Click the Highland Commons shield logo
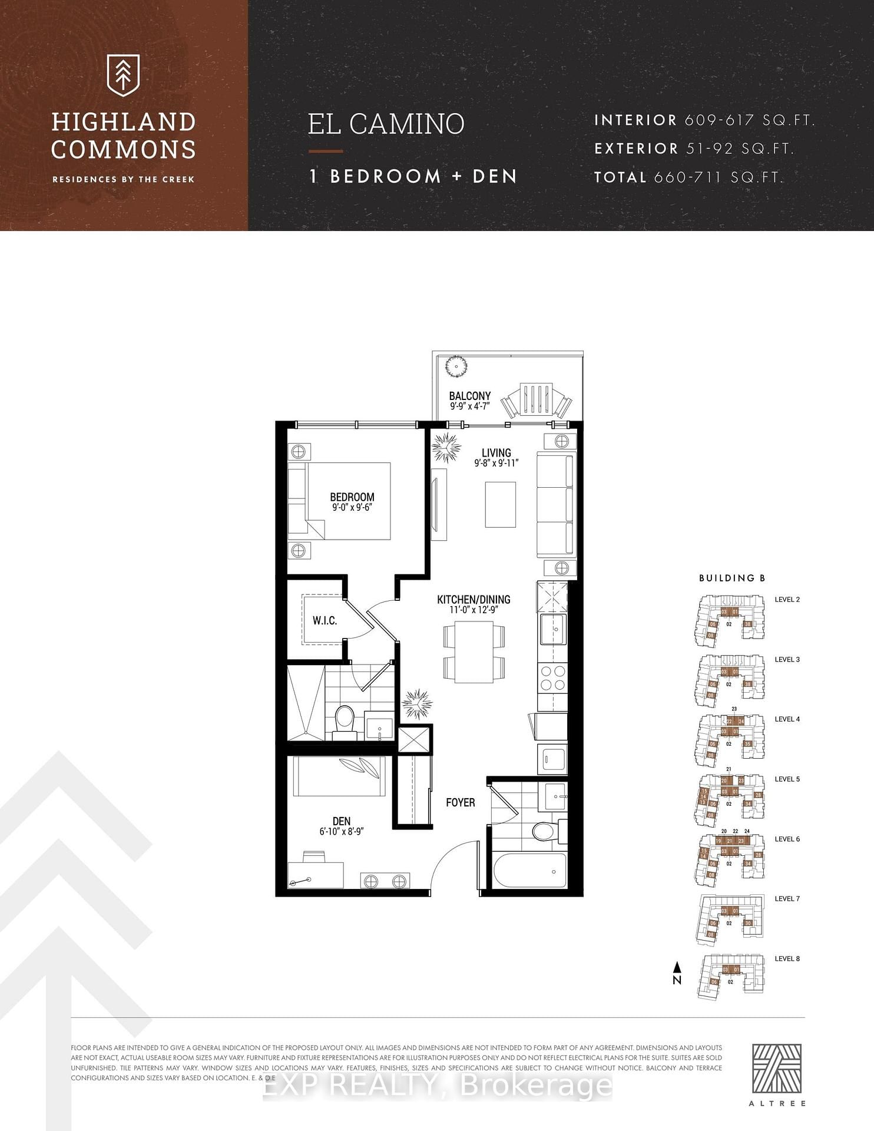(123, 75)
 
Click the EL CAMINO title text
(386, 124)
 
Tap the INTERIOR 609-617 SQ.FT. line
(704, 120)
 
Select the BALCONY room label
(469, 396)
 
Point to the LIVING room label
(496, 452)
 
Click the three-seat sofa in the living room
(555, 505)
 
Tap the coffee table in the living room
(500, 504)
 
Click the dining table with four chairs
(474, 652)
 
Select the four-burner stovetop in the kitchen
(552, 677)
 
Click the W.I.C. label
(325, 620)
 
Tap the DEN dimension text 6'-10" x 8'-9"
(342, 831)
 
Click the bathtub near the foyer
(529, 871)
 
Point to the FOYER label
(460, 802)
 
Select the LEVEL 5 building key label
(787, 779)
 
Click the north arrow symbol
(677, 973)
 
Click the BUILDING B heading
(731, 578)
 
